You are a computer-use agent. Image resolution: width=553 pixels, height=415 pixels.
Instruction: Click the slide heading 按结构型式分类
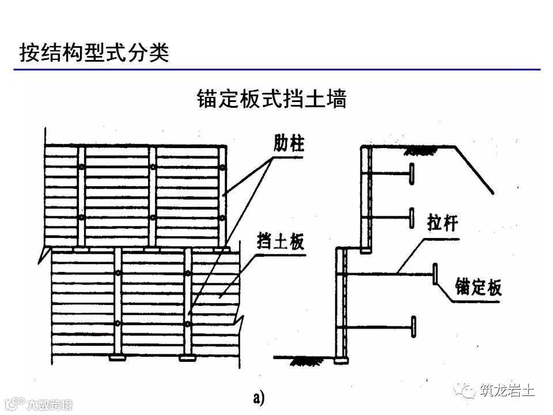pos(94,52)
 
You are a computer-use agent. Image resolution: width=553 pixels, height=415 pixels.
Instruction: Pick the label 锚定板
pos(478,286)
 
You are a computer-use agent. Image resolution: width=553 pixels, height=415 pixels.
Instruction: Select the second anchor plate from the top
pos(412,218)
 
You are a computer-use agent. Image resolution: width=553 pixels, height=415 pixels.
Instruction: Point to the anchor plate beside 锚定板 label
pos(435,275)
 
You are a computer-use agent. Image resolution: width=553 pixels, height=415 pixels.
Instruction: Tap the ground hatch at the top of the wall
pos(419,151)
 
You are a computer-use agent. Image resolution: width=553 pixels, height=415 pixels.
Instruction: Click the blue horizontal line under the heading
pos(276,70)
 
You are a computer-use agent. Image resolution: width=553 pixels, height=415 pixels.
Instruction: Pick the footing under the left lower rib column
pos(117,358)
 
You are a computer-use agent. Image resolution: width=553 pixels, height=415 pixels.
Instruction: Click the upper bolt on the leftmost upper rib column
pos(82,167)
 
